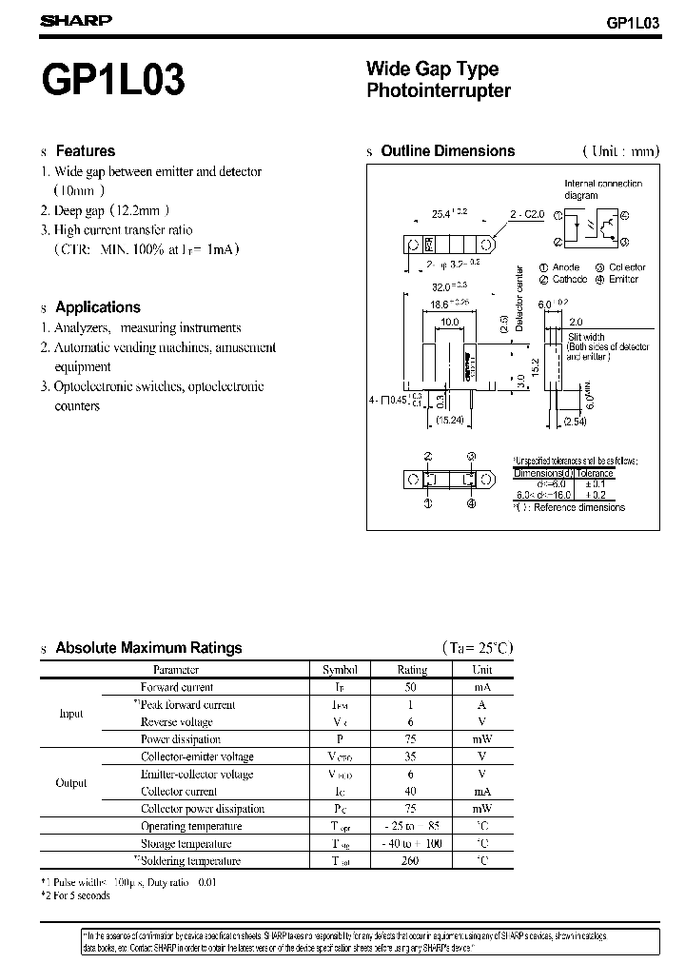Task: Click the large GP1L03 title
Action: coord(113,81)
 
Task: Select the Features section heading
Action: coord(85,151)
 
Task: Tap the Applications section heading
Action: coord(97,307)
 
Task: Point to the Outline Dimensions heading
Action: coord(447,151)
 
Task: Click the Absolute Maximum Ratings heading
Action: coord(148,648)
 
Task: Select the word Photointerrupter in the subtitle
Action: coord(439,91)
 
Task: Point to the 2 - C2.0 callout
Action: coord(527,214)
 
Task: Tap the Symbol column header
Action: coord(340,670)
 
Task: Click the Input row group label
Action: coord(71,714)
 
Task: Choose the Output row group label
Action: coord(71,783)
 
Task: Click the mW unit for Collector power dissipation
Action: coord(481,809)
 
